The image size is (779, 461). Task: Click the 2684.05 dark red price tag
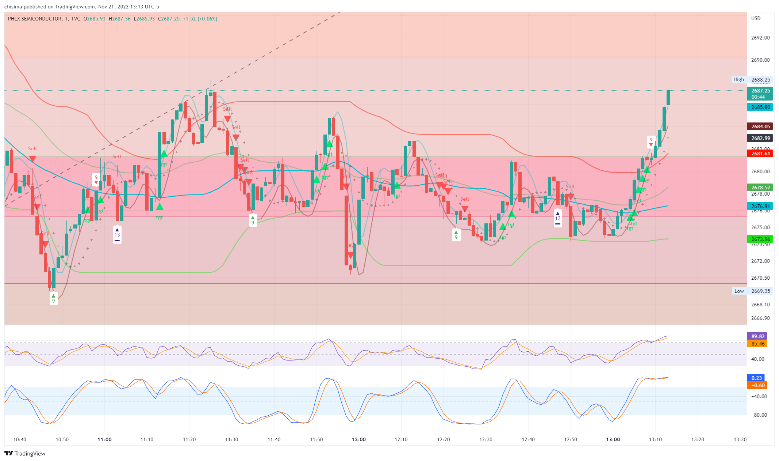coord(760,126)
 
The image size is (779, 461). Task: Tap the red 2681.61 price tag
coord(760,154)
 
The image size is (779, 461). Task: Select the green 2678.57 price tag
coord(760,188)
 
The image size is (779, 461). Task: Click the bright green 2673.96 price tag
coord(760,239)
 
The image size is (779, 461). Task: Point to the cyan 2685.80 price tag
coord(760,107)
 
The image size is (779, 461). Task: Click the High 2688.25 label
coord(752,79)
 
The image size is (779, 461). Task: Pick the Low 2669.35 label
coord(752,291)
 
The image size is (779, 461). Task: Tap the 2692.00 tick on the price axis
coord(760,38)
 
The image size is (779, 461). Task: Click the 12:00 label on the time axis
coord(359,439)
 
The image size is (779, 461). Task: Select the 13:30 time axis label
coord(740,439)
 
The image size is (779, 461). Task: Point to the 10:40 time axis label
coord(20,439)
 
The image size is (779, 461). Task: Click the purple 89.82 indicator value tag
coord(757,336)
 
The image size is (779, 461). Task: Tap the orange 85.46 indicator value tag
coord(757,344)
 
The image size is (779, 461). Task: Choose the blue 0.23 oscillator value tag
coord(756,378)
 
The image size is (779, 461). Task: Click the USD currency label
coord(756,18)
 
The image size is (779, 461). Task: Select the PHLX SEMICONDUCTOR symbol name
coord(35,19)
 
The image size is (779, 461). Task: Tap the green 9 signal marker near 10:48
coord(54,299)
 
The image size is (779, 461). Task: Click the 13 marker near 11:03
coord(117,235)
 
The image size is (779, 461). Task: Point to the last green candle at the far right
coord(668,98)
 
